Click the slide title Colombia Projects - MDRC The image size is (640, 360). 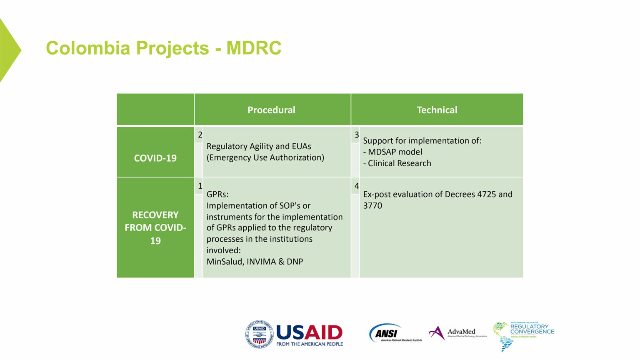pyautogui.click(x=163, y=48)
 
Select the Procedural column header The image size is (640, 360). pyautogui.click(x=271, y=110)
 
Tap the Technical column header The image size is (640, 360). pyautogui.click(x=437, y=110)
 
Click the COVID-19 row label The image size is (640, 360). pyautogui.click(x=155, y=158)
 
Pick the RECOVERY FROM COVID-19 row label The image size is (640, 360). pyautogui.click(x=155, y=227)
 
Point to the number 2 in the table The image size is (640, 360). pyautogui.click(x=200, y=135)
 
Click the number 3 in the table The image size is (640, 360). pyautogui.click(x=356, y=135)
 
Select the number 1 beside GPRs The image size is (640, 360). pyautogui.click(x=200, y=186)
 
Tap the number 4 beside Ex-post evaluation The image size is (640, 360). pyautogui.click(x=356, y=186)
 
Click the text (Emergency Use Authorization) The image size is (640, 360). pyautogui.click(x=265, y=157)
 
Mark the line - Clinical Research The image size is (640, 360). pyautogui.click(x=397, y=163)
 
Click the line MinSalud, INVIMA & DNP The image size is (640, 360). pyautogui.click(x=255, y=262)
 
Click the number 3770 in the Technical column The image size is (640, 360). pyautogui.click(x=372, y=205)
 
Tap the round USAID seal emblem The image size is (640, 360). pyautogui.click(x=259, y=334)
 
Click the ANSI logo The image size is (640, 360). pyautogui.click(x=395, y=333)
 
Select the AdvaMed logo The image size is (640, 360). pyautogui.click(x=457, y=332)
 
